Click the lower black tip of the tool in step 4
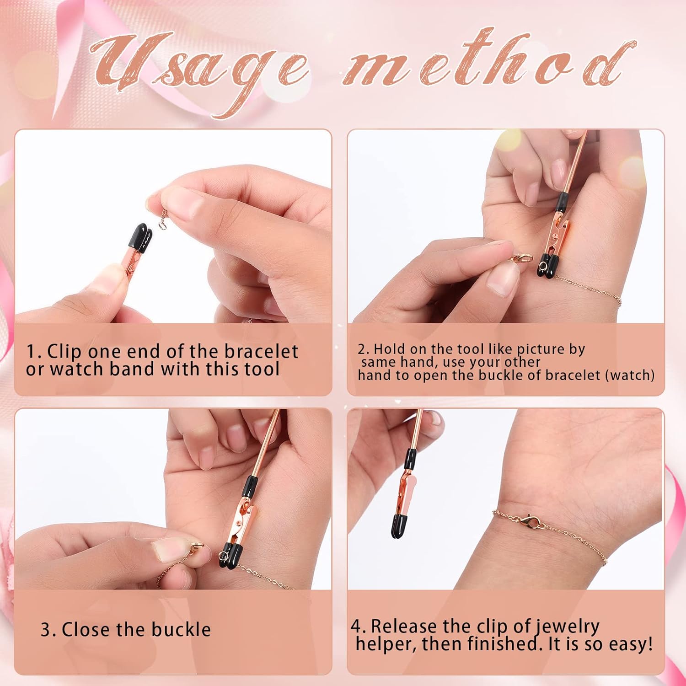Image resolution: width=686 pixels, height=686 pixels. click(401, 525)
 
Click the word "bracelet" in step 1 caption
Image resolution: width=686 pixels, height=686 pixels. click(261, 351)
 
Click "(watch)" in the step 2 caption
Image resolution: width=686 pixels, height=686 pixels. click(630, 375)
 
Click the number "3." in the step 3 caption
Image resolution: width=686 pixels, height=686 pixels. click(48, 630)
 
